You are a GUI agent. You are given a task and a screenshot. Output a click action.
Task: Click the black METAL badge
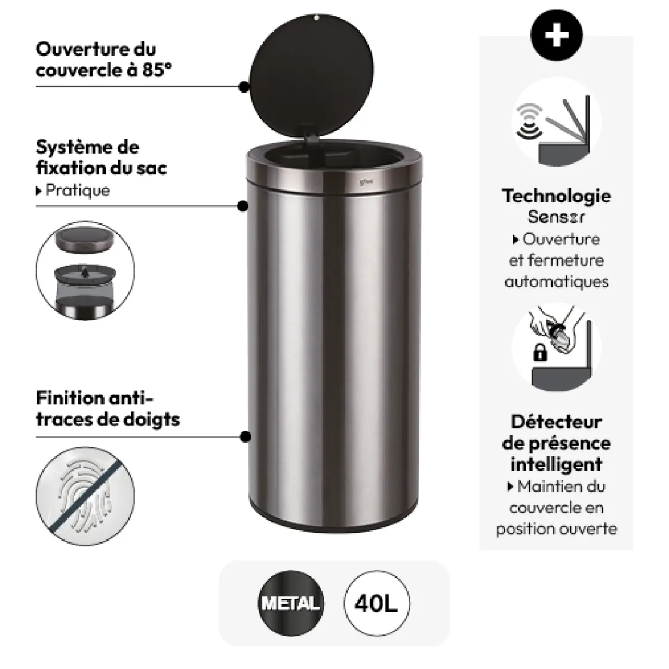(290, 603)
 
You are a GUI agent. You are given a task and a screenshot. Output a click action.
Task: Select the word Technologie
(556, 196)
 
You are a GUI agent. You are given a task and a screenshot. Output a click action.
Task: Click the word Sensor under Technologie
(556, 217)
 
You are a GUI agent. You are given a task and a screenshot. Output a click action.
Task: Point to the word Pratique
(78, 191)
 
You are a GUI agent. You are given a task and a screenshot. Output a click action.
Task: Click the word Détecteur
(556, 422)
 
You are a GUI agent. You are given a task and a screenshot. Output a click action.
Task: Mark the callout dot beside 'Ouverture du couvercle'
(244, 87)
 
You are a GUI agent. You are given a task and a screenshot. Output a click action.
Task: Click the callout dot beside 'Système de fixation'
(243, 206)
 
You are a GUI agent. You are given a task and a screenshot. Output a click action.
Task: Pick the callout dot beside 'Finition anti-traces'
(244, 437)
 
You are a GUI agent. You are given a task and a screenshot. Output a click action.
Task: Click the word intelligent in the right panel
(556, 465)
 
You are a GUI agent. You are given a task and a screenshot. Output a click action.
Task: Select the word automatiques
(556, 281)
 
